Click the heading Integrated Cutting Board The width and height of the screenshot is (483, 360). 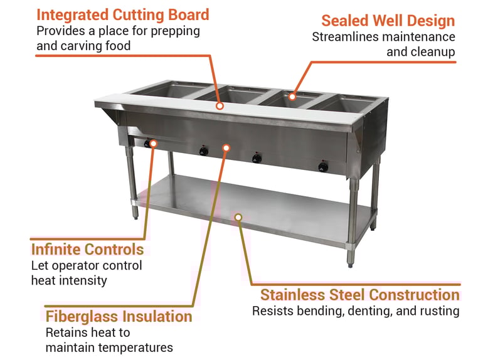(123, 15)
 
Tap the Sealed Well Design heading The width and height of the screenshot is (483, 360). (388, 21)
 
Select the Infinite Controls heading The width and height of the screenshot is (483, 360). (87, 249)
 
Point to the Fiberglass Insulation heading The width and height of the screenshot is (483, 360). (119, 317)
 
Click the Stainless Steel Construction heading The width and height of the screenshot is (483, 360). (360, 295)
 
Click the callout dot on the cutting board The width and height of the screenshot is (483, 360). (220, 106)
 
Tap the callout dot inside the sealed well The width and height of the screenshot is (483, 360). (292, 97)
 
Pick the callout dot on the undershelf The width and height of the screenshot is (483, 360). (238, 218)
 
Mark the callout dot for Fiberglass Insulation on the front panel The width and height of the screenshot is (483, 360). (226, 148)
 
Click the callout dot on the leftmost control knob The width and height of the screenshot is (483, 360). (154, 144)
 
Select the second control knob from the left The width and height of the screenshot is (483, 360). (204, 151)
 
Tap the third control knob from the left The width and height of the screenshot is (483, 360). (257, 159)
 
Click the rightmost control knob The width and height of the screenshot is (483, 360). (323, 167)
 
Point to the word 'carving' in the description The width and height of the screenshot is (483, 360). (81, 46)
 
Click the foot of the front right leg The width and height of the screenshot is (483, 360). (350, 264)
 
